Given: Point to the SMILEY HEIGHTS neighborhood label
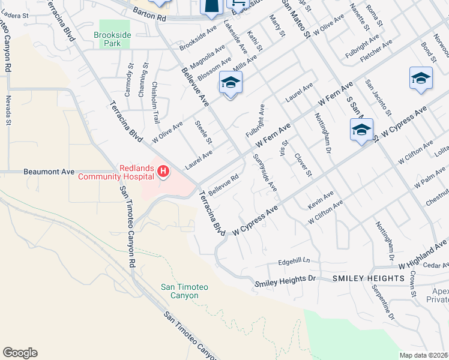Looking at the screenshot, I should coord(369,278).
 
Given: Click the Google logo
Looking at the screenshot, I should coord(20,352).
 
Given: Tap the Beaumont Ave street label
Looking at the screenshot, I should coord(49,172).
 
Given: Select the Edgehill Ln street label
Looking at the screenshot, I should coord(294,262).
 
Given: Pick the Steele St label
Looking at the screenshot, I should coord(204,132).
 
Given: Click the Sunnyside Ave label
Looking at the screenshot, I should coord(265,172).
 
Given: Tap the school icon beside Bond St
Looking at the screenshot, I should coord(421,78).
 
